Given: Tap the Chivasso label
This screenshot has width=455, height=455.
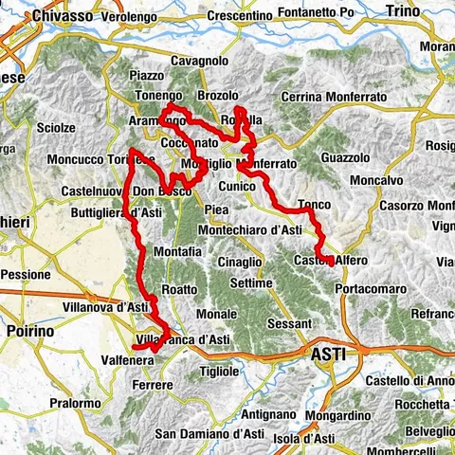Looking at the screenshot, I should click(x=63, y=16).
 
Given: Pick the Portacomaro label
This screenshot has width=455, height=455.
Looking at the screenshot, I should click(x=378, y=286).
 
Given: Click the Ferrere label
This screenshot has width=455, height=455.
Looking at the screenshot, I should click(x=152, y=385).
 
